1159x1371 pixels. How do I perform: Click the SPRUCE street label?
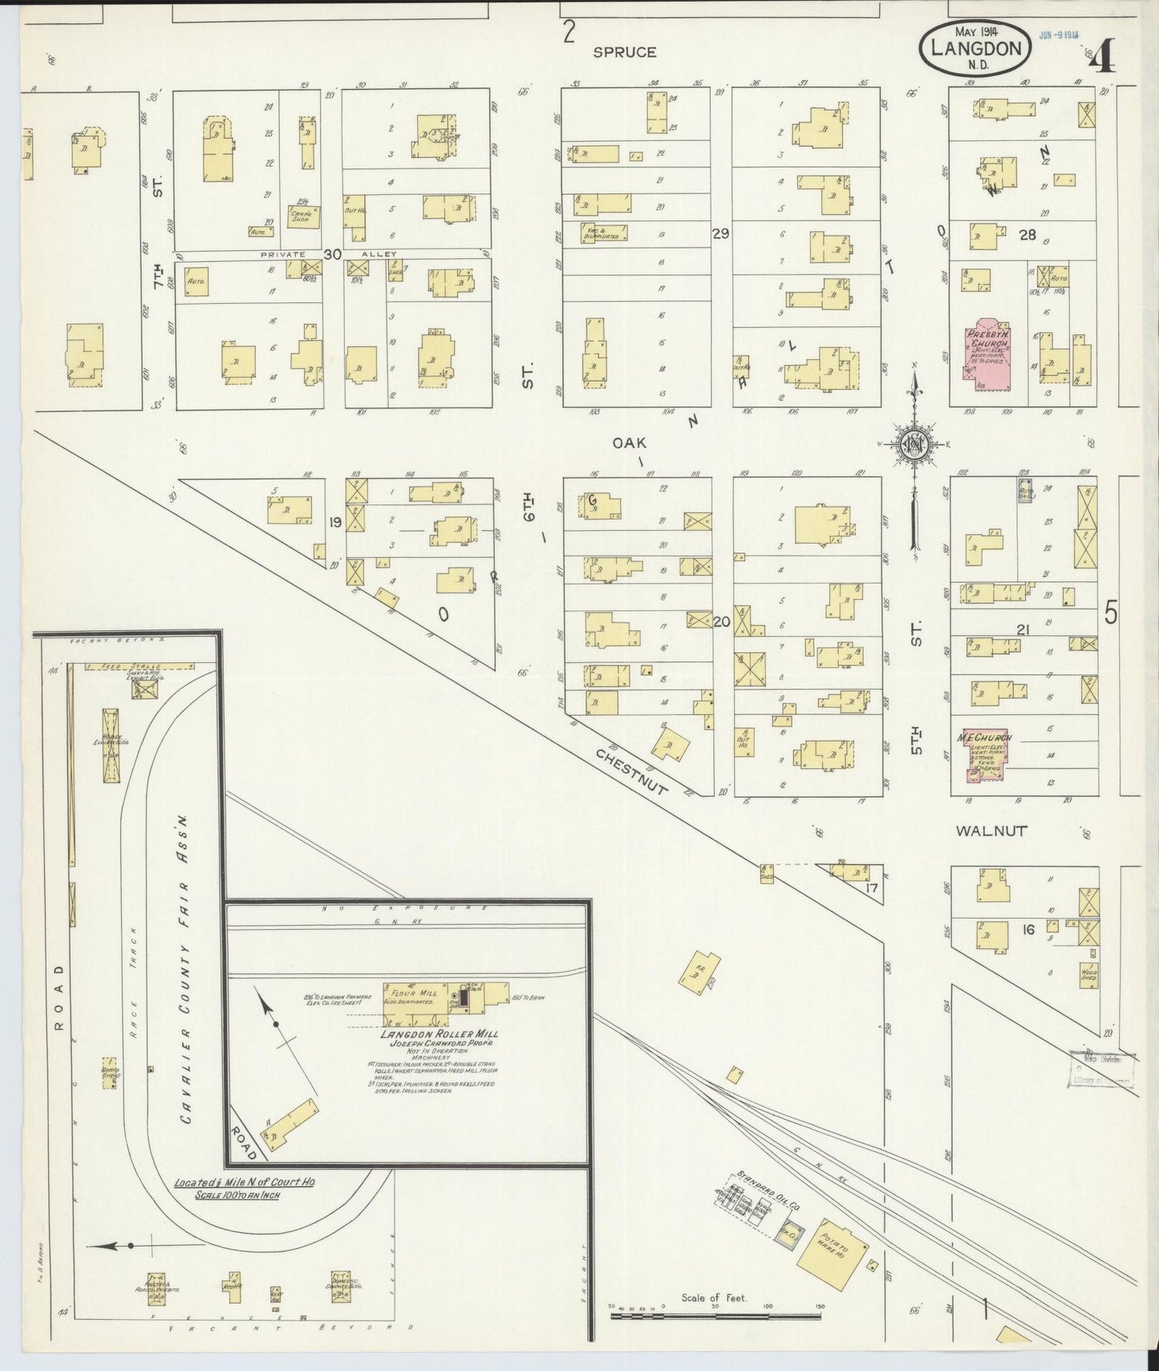[x=624, y=52]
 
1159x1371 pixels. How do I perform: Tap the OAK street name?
[x=629, y=442]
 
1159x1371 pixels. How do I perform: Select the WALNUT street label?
[x=991, y=831]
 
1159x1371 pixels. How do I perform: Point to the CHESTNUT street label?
[x=631, y=771]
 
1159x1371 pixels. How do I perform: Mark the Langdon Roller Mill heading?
[x=435, y=1033]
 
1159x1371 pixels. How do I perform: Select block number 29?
[x=719, y=233]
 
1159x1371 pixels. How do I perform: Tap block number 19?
[x=335, y=523]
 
